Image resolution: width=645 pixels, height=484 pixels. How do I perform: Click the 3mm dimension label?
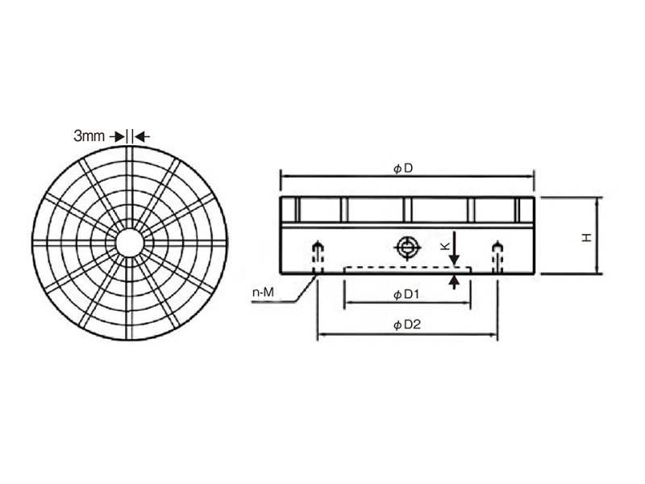[89, 136]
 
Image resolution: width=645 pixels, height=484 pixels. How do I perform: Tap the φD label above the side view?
[402, 169]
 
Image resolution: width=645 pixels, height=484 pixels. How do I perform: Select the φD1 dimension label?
[406, 294]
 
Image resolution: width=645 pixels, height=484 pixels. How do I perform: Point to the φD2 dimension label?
[407, 325]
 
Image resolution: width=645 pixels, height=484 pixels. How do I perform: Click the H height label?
[587, 237]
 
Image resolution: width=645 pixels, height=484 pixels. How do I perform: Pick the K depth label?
[445, 246]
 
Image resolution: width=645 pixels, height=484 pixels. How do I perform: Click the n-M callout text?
[263, 293]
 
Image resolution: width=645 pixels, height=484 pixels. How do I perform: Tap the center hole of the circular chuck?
[130, 244]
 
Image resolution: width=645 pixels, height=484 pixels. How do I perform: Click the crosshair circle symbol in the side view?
[407, 248]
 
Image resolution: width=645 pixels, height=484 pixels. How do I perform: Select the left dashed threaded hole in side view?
[317, 257]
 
